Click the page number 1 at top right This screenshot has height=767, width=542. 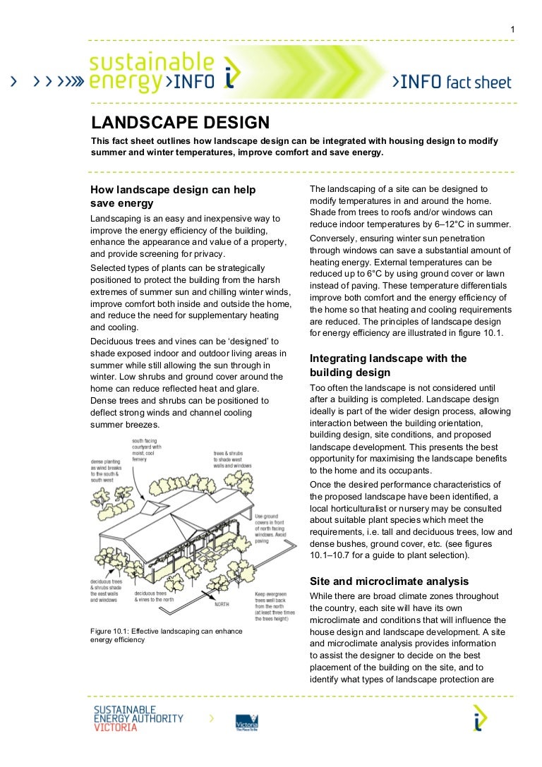(x=513, y=29)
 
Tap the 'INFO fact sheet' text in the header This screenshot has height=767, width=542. (x=452, y=83)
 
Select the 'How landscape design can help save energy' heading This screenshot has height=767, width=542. (x=174, y=197)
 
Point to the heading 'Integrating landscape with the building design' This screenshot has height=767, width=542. (x=388, y=365)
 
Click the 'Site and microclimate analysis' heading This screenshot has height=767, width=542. (x=389, y=581)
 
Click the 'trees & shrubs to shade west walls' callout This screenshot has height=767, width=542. (x=232, y=459)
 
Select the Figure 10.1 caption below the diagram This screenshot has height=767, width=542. (x=167, y=635)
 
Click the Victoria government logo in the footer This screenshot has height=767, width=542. (x=246, y=723)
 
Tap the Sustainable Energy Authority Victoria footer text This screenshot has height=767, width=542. (x=138, y=718)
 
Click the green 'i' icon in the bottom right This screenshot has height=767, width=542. (x=480, y=718)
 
